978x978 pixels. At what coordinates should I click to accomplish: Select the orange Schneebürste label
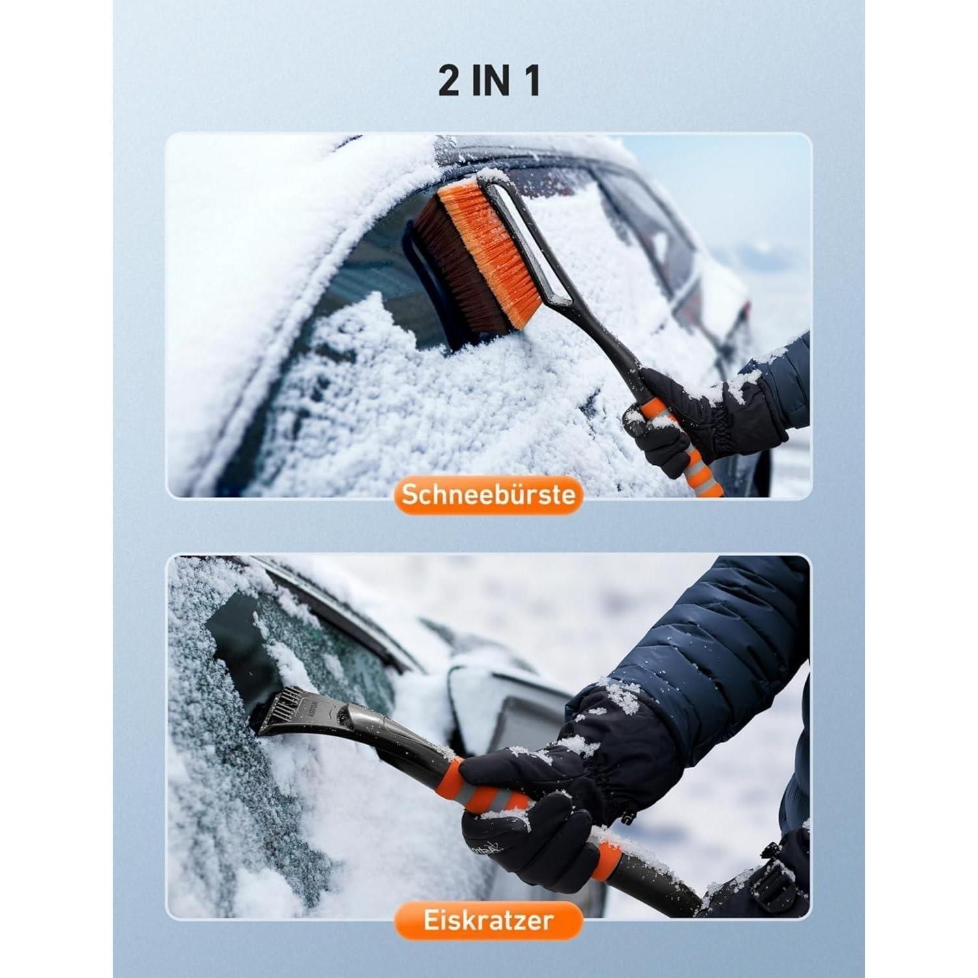[488, 495]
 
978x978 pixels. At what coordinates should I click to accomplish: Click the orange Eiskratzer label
[488, 921]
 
